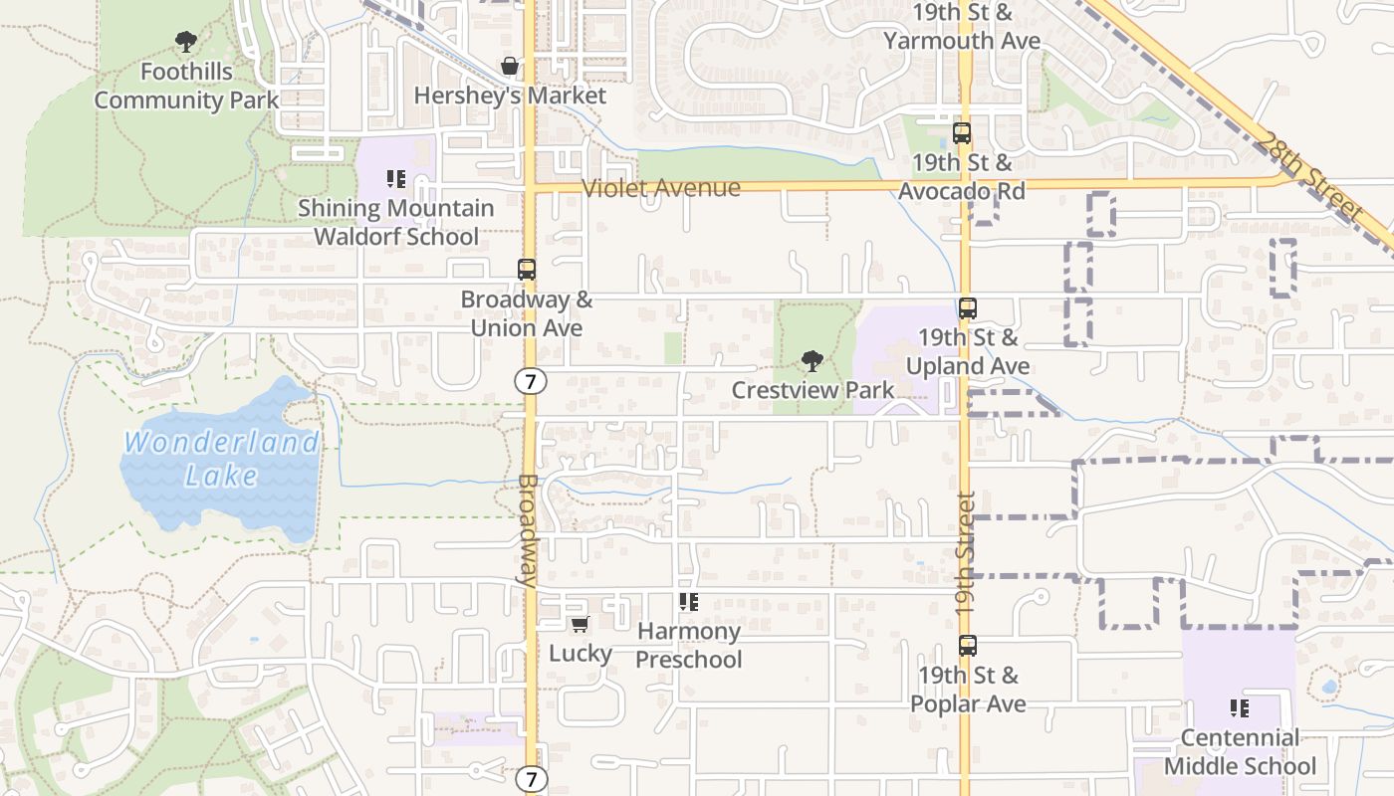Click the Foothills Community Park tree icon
[x=185, y=42]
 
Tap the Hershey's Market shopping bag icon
[x=510, y=67]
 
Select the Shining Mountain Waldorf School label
[x=396, y=222]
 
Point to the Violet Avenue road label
[x=661, y=188]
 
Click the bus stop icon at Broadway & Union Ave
[x=526, y=270]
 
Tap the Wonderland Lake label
[x=221, y=459]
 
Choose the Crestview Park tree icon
[x=813, y=360]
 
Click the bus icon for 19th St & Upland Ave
[x=967, y=308]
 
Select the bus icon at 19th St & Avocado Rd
[x=962, y=133]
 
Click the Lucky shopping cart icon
[x=580, y=625]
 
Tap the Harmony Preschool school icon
[x=688, y=602]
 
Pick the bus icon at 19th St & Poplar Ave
[x=967, y=646]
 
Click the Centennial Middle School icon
[x=1240, y=708]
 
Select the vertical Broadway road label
[x=528, y=529]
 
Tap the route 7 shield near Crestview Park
[x=530, y=379]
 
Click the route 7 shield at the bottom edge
[x=532, y=779]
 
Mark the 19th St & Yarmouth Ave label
[x=962, y=27]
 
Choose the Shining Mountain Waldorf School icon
[x=396, y=179]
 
